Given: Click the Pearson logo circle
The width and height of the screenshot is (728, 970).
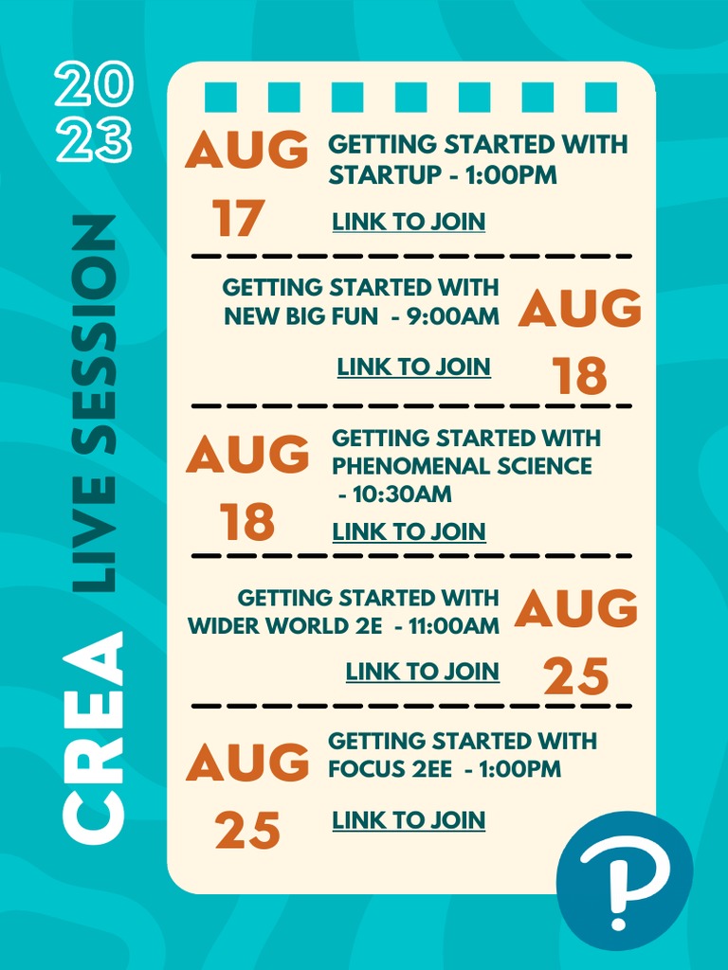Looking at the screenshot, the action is (624, 880).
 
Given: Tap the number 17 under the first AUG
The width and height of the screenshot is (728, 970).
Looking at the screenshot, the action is (239, 219).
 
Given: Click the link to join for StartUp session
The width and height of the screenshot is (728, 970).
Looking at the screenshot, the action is (409, 222).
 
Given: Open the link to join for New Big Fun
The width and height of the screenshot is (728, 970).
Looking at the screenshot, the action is (413, 367).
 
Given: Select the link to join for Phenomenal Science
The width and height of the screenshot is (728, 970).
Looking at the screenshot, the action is (409, 531).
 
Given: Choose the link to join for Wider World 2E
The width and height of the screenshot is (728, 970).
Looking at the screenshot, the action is (422, 672).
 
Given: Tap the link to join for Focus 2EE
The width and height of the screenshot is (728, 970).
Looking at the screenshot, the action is (409, 820).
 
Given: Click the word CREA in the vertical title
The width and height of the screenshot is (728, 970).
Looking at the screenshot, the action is (94, 737).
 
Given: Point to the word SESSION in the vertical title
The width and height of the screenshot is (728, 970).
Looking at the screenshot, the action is (94, 334).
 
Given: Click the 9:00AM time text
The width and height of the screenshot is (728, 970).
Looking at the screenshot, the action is (453, 316).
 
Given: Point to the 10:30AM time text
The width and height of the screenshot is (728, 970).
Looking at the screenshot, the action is (402, 494).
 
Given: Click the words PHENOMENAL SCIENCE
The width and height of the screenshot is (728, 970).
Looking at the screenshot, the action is (462, 466).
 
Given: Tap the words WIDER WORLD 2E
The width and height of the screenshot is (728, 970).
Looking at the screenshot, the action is (285, 626).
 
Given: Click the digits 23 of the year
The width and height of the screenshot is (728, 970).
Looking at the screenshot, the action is (94, 140).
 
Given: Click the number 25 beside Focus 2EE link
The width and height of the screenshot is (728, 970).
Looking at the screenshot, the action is (247, 830).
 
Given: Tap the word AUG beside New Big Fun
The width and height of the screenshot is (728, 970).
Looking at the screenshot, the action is (579, 308).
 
